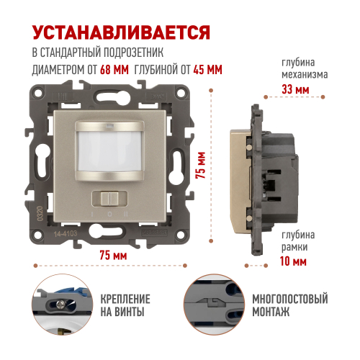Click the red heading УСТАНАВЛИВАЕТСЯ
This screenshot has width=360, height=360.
(x=121, y=32)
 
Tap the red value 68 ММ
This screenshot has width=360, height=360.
(x=114, y=70)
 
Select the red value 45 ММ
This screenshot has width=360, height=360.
(x=207, y=70)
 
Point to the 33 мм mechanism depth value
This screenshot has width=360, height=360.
(x=295, y=89)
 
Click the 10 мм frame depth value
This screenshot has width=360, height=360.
(x=293, y=261)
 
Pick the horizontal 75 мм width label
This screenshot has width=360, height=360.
(x=113, y=255)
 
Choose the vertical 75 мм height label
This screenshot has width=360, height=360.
(x=201, y=165)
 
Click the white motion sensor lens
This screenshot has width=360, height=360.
(x=109, y=151)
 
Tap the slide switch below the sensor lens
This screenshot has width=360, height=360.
(x=109, y=198)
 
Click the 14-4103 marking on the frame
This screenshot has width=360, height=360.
(x=66, y=233)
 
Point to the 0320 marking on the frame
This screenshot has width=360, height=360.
(x=40, y=214)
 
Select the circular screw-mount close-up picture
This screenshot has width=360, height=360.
(x=63, y=305)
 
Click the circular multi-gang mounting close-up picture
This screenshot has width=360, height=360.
(x=215, y=304)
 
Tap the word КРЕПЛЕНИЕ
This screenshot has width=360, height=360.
(x=125, y=299)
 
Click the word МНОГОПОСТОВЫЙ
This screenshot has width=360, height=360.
(x=290, y=299)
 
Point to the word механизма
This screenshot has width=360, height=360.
(x=305, y=75)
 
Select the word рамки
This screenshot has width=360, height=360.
(x=294, y=247)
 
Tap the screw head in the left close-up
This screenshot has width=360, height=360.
(x=60, y=305)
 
